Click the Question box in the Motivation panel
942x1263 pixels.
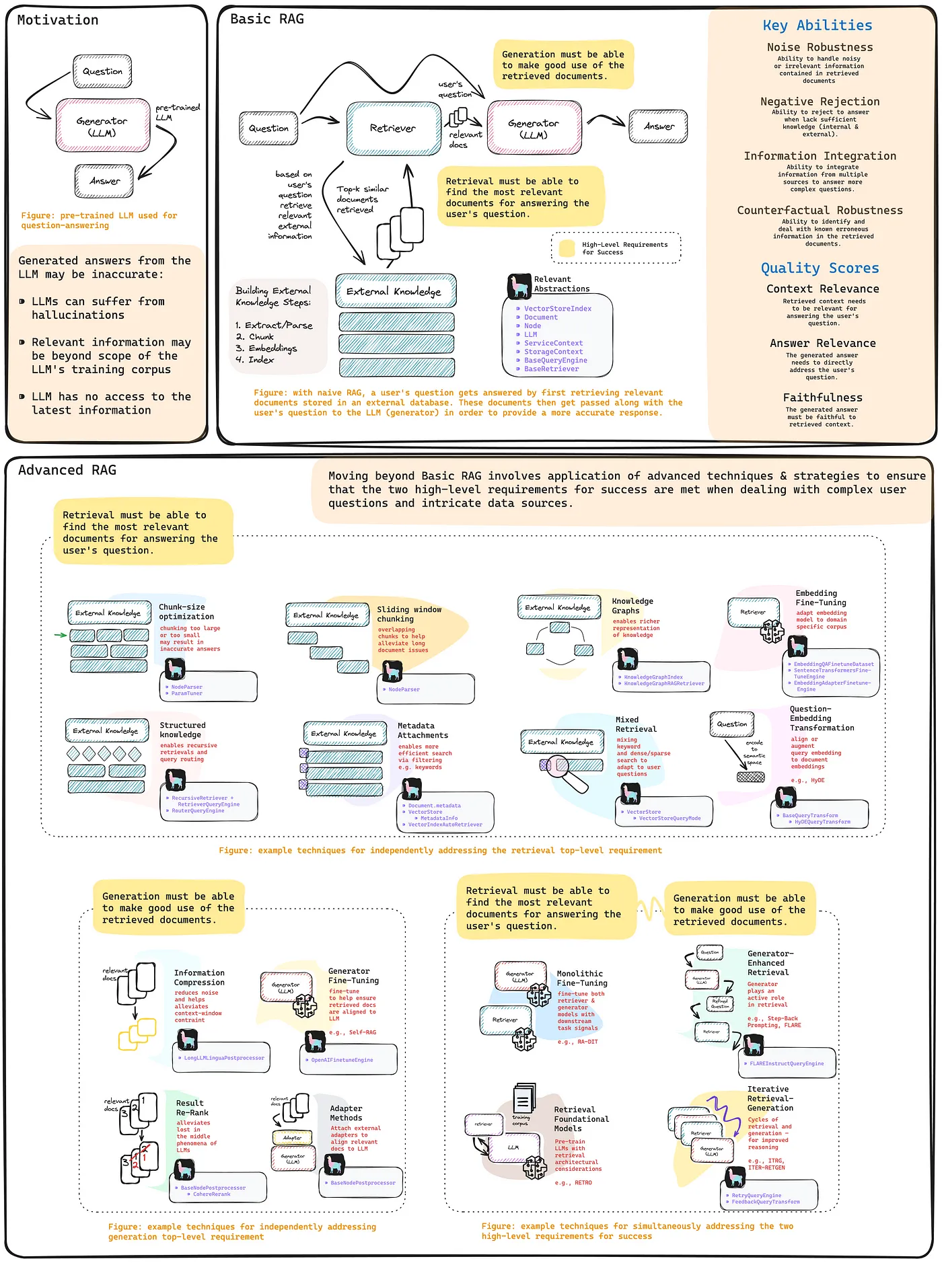point(102,71)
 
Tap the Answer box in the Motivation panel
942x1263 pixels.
point(104,181)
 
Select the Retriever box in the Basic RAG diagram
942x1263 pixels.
point(392,128)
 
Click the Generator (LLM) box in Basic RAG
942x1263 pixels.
point(534,128)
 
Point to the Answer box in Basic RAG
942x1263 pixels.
point(658,126)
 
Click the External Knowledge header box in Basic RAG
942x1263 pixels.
point(396,291)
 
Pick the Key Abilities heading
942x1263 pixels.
point(817,26)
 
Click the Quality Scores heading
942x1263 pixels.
point(820,268)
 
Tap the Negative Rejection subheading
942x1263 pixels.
point(820,102)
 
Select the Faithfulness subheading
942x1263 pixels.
point(822,397)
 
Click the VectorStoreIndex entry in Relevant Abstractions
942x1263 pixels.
point(557,309)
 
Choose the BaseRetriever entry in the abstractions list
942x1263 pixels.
point(551,369)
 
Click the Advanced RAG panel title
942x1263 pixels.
point(67,470)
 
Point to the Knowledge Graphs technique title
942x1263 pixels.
point(632,606)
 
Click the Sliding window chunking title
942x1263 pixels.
point(408,614)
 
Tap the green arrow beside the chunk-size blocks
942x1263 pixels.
point(60,635)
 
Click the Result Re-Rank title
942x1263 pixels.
point(192,1108)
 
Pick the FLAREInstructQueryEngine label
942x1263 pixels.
point(786,1063)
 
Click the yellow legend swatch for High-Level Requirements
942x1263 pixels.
point(567,248)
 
